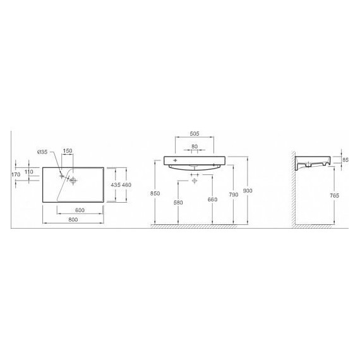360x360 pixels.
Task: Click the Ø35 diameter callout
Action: [x=42, y=152]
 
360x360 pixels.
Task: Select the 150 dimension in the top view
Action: [x=68, y=151]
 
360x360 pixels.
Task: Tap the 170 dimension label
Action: [x=16, y=174]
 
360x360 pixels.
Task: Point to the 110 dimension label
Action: [x=28, y=172]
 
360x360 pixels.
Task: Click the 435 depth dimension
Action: [x=116, y=185]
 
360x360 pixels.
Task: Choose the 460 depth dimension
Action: [x=126, y=185]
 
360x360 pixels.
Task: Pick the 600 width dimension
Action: [x=80, y=210]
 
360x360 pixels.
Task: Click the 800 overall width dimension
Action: [x=73, y=220]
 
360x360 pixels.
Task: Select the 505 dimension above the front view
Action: [x=195, y=134]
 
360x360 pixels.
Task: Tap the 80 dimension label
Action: [x=195, y=147]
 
